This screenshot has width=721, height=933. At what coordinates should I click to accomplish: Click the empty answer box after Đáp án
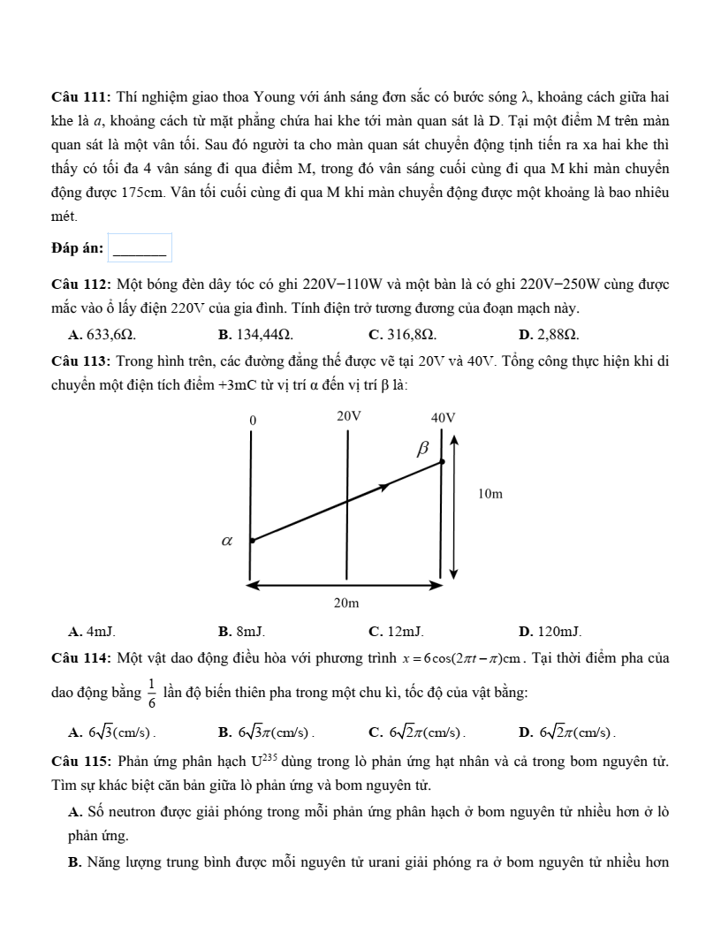tap(140, 248)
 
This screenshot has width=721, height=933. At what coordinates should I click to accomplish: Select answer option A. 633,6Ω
tap(102, 335)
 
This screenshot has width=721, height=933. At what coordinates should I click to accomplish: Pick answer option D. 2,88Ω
tap(549, 335)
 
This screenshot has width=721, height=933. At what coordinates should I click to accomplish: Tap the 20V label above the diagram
tap(349, 415)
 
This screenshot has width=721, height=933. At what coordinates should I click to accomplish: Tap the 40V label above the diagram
tap(443, 417)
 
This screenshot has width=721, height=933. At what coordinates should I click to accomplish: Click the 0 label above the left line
tap(253, 420)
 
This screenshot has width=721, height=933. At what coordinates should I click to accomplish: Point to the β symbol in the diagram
tap(422, 449)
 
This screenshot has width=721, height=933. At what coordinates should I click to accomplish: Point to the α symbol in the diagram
tap(226, 540)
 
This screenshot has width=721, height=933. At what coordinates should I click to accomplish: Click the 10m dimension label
tap(490, 494)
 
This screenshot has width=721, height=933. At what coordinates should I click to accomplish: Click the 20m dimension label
tap(346, 603)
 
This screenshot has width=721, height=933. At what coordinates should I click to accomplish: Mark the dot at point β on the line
tap(442, 461)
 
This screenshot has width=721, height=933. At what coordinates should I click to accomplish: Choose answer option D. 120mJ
tap(550, 632)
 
